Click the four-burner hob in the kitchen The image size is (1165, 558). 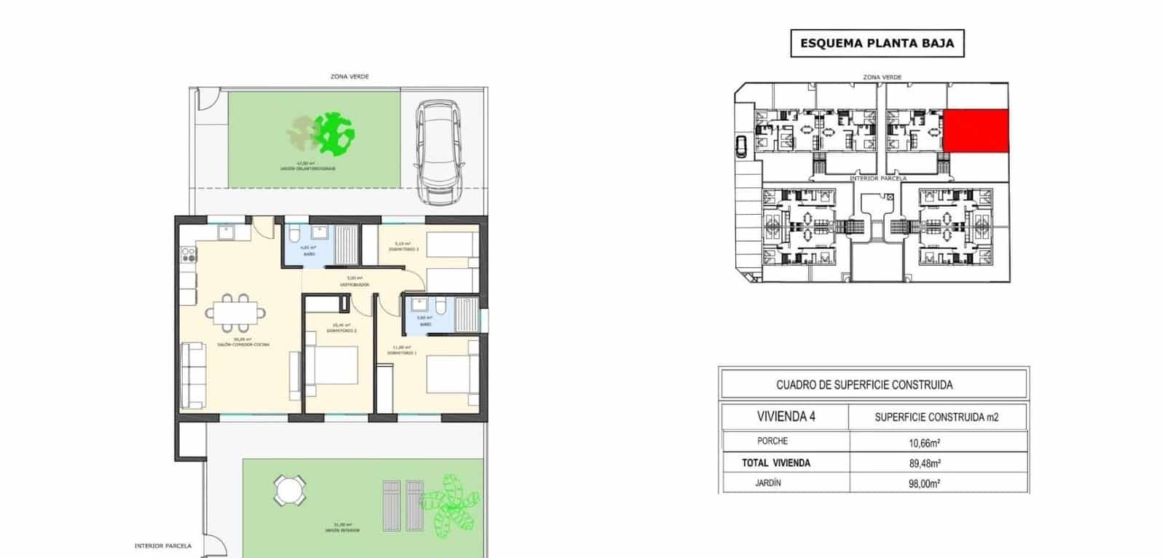click(x=189, y=254)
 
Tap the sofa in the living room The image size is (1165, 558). click(x=194, y=376)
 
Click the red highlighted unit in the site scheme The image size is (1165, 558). click(x=976, y=131)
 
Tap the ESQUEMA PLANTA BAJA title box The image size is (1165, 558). click(x=877, y=43)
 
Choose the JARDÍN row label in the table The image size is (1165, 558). click(x=769, y=483)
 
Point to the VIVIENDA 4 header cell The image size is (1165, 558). click(x=785, y=417)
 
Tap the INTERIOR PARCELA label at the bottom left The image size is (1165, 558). click(x=163, y=546)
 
